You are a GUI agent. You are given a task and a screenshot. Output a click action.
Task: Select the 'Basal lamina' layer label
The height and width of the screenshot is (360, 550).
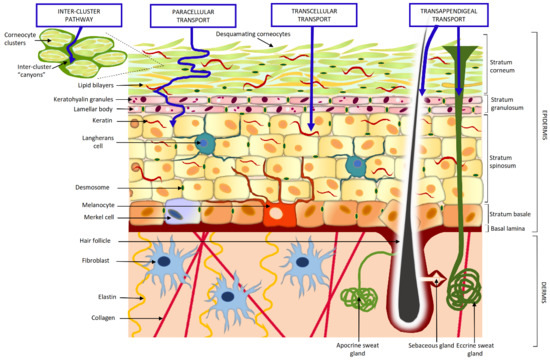coord(507,228)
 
